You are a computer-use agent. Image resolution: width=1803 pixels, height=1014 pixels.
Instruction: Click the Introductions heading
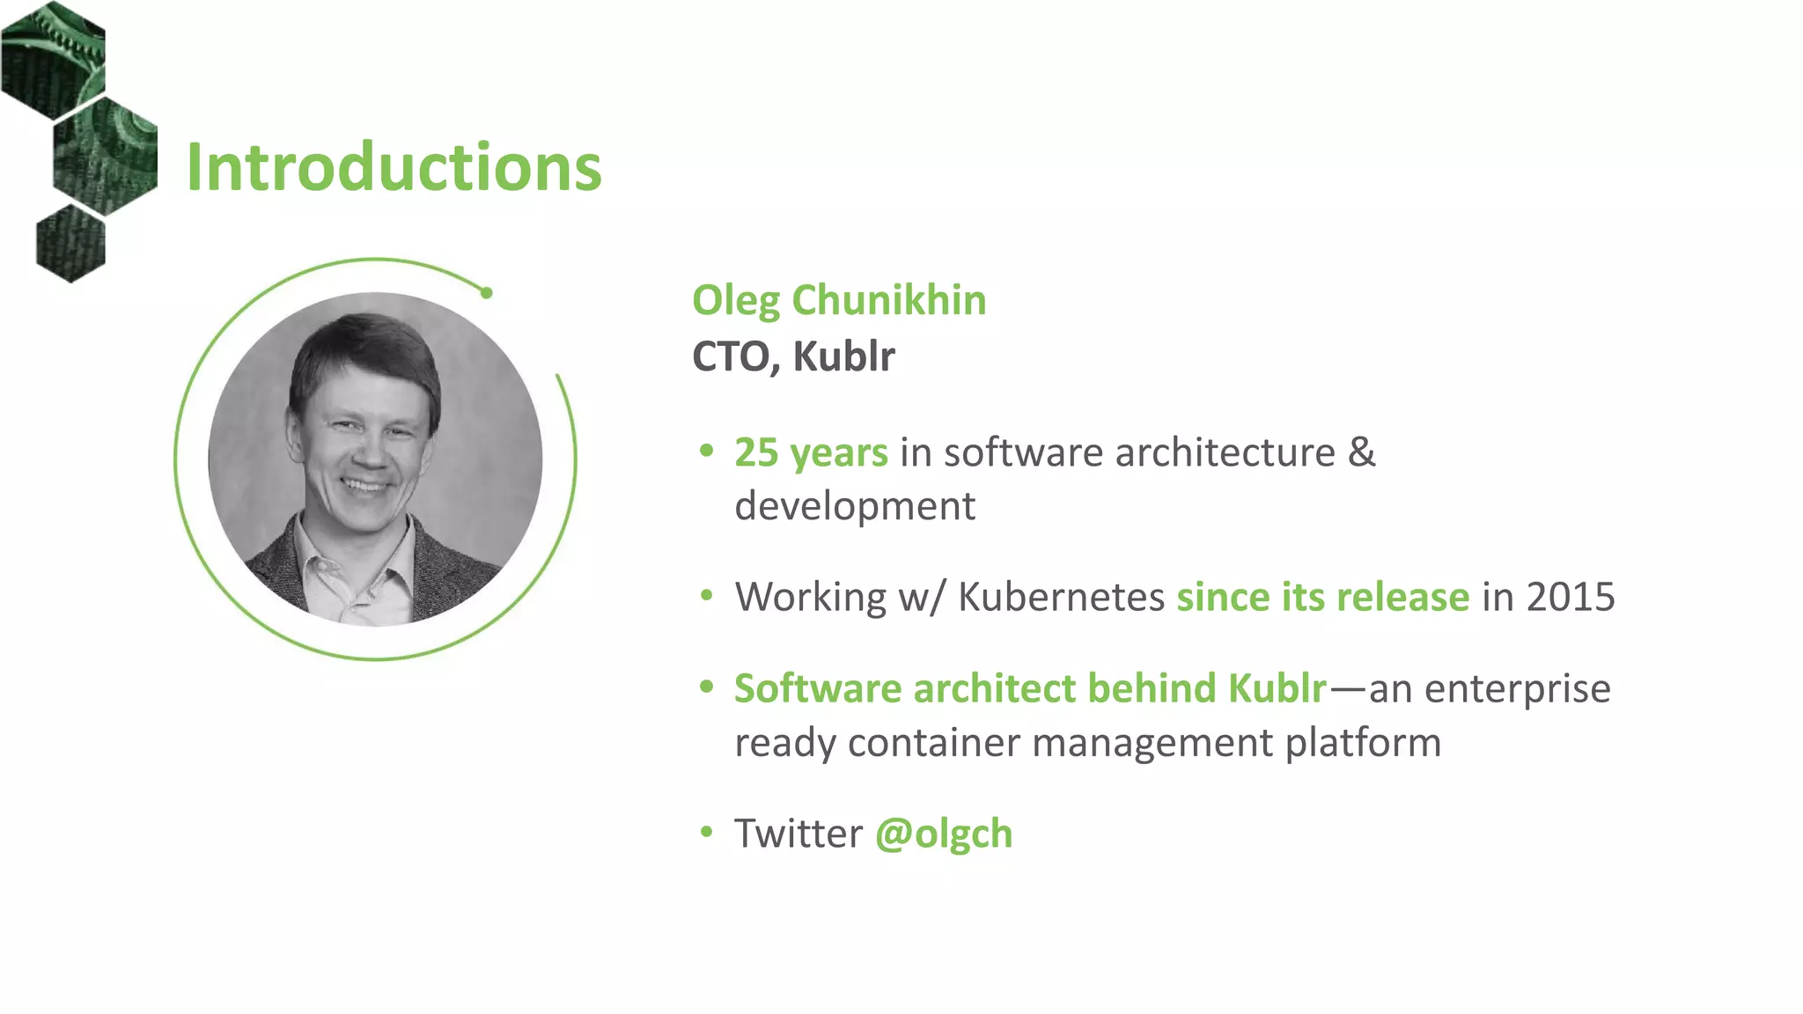(x=394, y=167)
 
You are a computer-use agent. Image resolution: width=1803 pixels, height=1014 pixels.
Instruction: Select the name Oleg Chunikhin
(x=838, y=301)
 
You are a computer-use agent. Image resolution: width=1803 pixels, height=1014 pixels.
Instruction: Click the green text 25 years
(x=811, y=453)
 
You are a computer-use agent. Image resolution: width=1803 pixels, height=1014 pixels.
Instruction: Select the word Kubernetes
(x=1061, y=598)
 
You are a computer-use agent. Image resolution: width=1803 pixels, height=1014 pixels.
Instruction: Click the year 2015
(x=1570, y=598)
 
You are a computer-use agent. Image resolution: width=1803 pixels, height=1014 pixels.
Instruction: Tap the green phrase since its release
(x=1322, y=598)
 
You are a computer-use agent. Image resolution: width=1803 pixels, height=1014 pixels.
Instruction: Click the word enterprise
(x=1517, y=689)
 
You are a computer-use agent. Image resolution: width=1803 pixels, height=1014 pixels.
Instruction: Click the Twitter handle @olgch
(x=943, y=834)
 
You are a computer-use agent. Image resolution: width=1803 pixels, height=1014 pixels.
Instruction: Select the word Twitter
(x=798, y=834)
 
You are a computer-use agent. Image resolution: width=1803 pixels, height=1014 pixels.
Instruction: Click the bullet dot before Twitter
(x=706, y=832)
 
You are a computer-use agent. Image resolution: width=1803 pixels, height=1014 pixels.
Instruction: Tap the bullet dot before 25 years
(x=706, y=452)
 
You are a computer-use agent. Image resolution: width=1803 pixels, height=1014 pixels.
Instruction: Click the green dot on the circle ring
(x=486, y=293)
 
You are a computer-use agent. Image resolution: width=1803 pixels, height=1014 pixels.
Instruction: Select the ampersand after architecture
(x=1361, y=453)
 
